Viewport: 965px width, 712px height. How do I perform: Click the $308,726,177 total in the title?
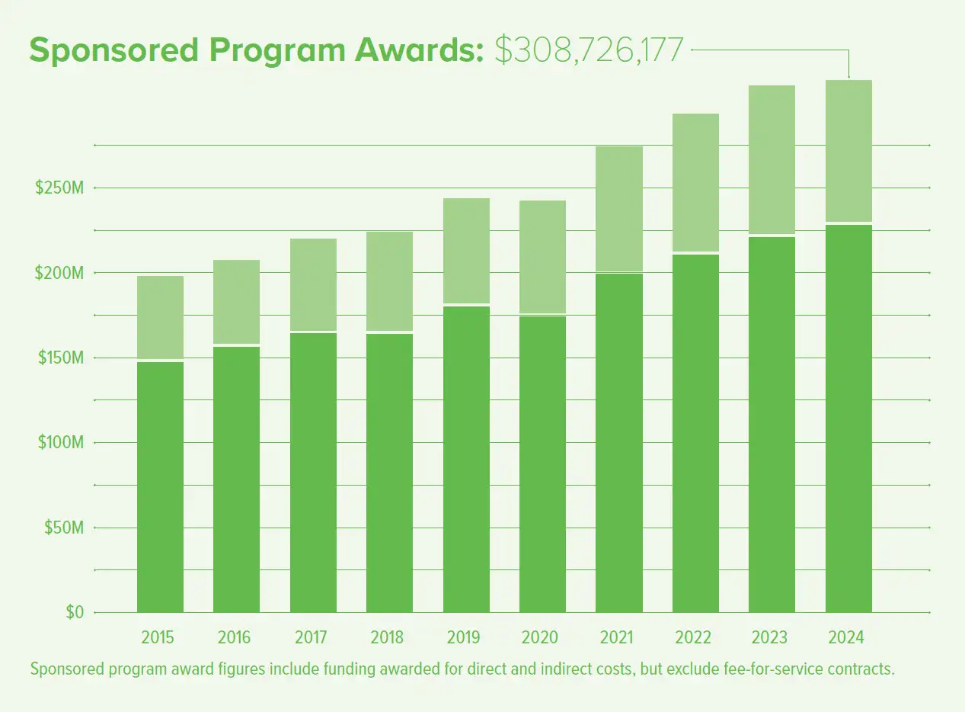pos(589,50)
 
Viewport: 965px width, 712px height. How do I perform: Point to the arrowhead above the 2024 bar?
pos(849,75)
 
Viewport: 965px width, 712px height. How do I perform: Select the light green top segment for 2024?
pos(849,150)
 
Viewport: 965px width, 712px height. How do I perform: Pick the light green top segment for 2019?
pos(466,251)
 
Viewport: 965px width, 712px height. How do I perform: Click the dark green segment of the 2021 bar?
pos(619,442)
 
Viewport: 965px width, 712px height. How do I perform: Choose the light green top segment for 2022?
pos(696,182)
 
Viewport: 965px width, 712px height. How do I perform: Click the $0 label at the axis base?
pos(74,612)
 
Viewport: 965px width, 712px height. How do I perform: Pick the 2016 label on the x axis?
pos(234,637)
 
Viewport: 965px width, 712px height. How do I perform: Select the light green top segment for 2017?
pos(314,284)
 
